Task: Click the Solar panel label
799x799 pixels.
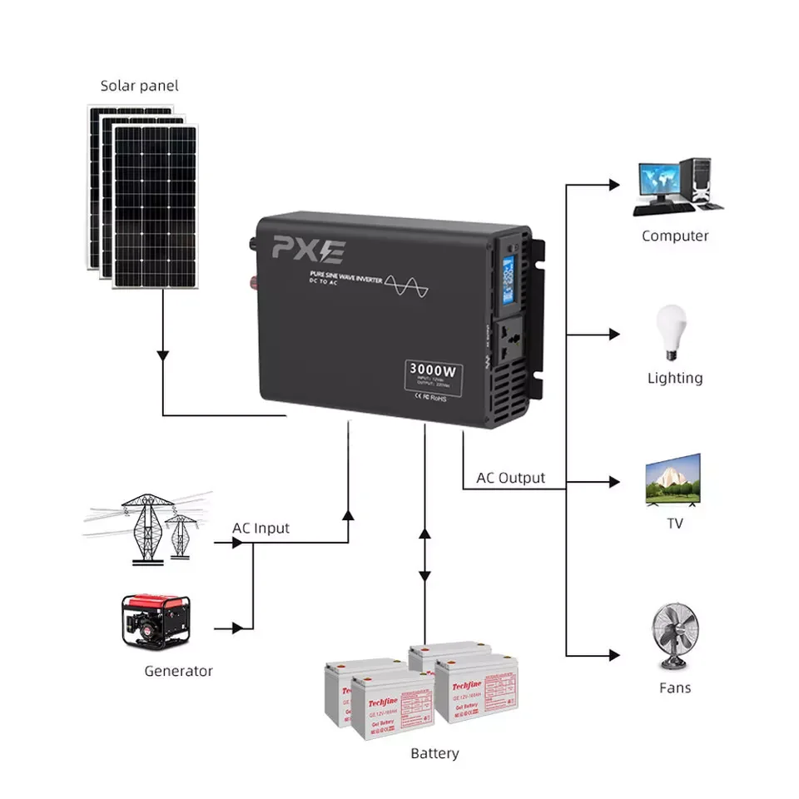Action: point(139,86)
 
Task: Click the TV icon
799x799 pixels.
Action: point(674,480)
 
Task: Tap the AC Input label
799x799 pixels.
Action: point(261,529)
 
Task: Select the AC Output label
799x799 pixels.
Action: point(510,478)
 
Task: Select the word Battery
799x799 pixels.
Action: point(434,753)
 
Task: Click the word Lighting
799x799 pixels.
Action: point(675,378)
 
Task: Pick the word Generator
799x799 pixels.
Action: point(178,671)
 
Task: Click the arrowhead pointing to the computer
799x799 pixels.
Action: point(615,184)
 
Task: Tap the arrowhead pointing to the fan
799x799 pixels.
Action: point(615,654)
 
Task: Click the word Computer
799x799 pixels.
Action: point(675,236)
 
